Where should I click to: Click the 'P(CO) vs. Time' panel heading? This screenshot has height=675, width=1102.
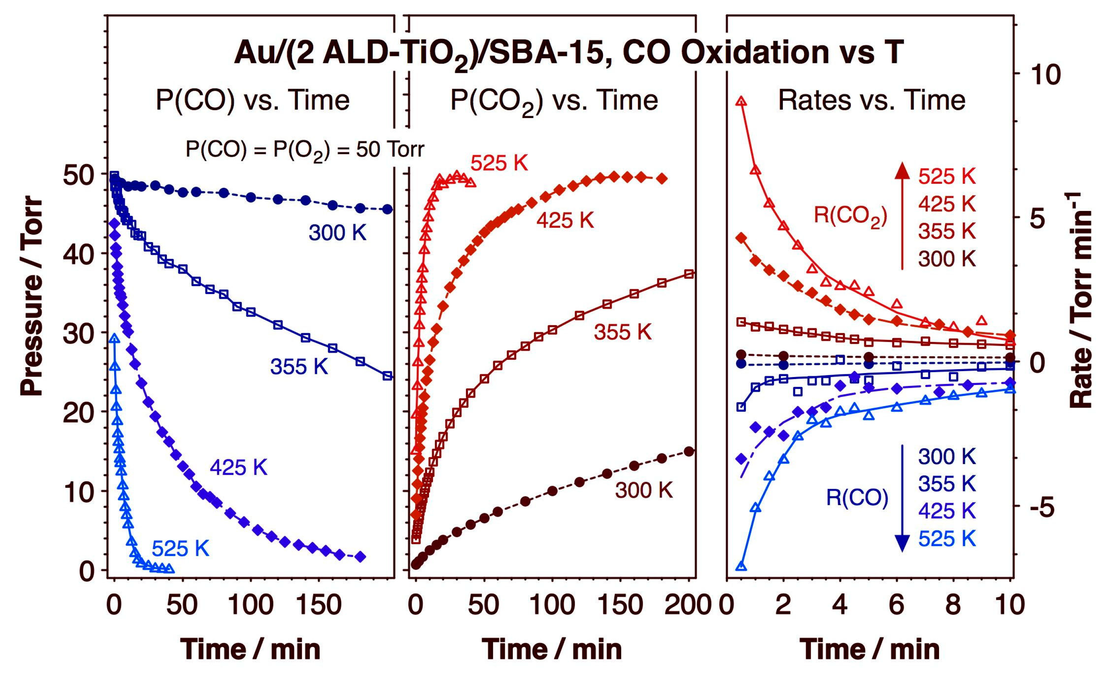252,100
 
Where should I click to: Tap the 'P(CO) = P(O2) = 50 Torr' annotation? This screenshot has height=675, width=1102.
304,150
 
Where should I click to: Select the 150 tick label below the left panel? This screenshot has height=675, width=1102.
318,605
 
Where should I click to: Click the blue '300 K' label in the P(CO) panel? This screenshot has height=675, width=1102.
337,233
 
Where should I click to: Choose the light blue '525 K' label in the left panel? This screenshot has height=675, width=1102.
180,548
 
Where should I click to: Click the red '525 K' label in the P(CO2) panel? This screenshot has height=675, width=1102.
499,164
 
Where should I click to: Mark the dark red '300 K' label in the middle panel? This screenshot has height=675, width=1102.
643,491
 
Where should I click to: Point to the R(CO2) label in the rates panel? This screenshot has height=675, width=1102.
850,216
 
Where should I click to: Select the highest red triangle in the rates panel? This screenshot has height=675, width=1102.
741,102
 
